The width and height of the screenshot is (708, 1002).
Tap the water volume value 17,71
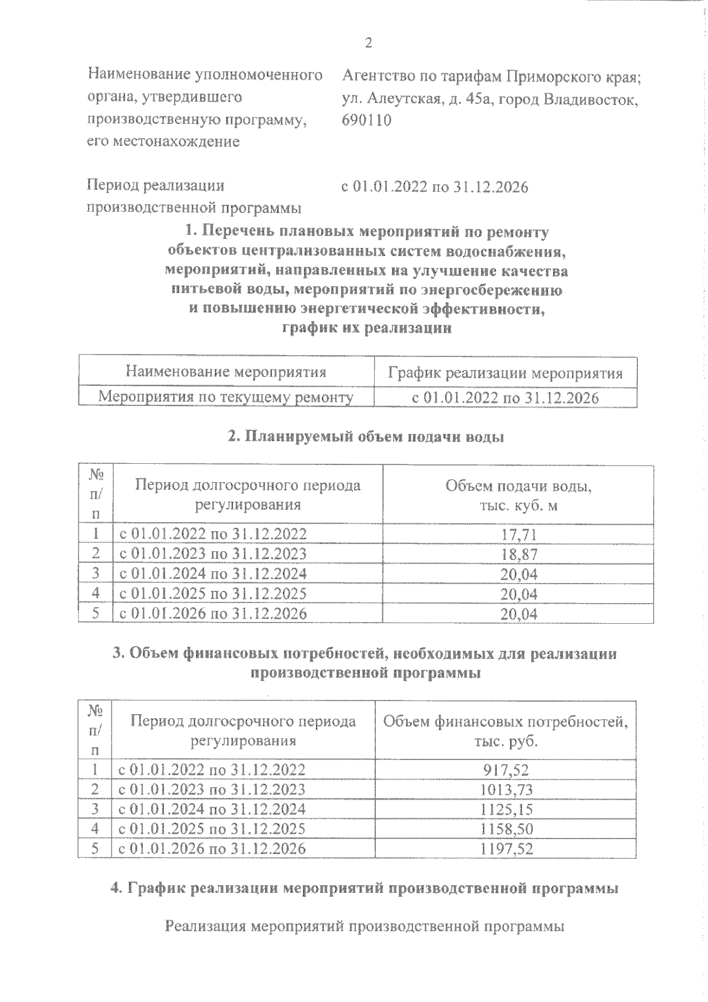(519, 535)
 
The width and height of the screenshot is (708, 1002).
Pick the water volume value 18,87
(519, 554)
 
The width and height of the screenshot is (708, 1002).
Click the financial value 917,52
(506, 769)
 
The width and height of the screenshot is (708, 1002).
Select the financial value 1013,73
(506, 790)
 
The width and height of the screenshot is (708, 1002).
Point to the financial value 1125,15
(506, 810)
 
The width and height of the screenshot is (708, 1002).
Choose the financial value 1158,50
(506, 829)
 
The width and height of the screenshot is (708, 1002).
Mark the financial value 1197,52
(506, 849)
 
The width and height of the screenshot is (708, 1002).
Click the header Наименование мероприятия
(226, 372)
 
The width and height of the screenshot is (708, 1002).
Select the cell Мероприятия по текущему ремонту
(225, 397)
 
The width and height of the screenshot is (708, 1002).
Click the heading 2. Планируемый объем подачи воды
(366, 437)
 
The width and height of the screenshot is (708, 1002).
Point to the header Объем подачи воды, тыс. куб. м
(518, 496)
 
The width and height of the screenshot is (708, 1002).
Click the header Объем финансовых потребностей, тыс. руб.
(506, 731)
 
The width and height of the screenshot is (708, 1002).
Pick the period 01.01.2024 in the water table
(166, 574)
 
